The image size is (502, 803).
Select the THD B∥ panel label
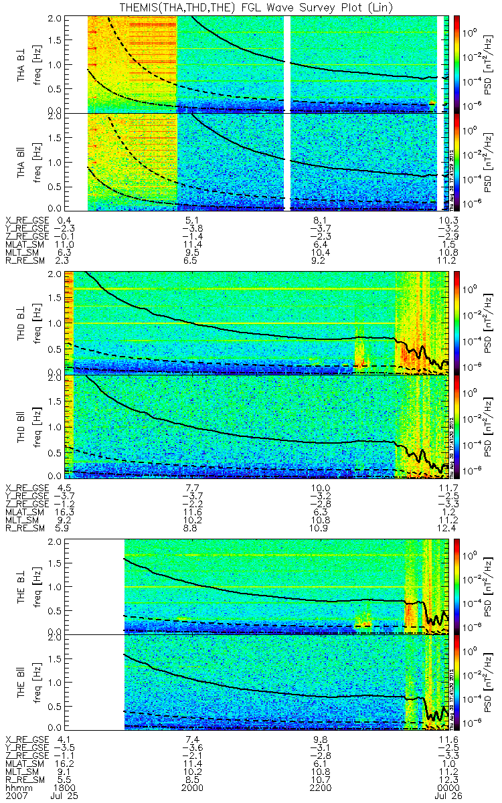point(22,426)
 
